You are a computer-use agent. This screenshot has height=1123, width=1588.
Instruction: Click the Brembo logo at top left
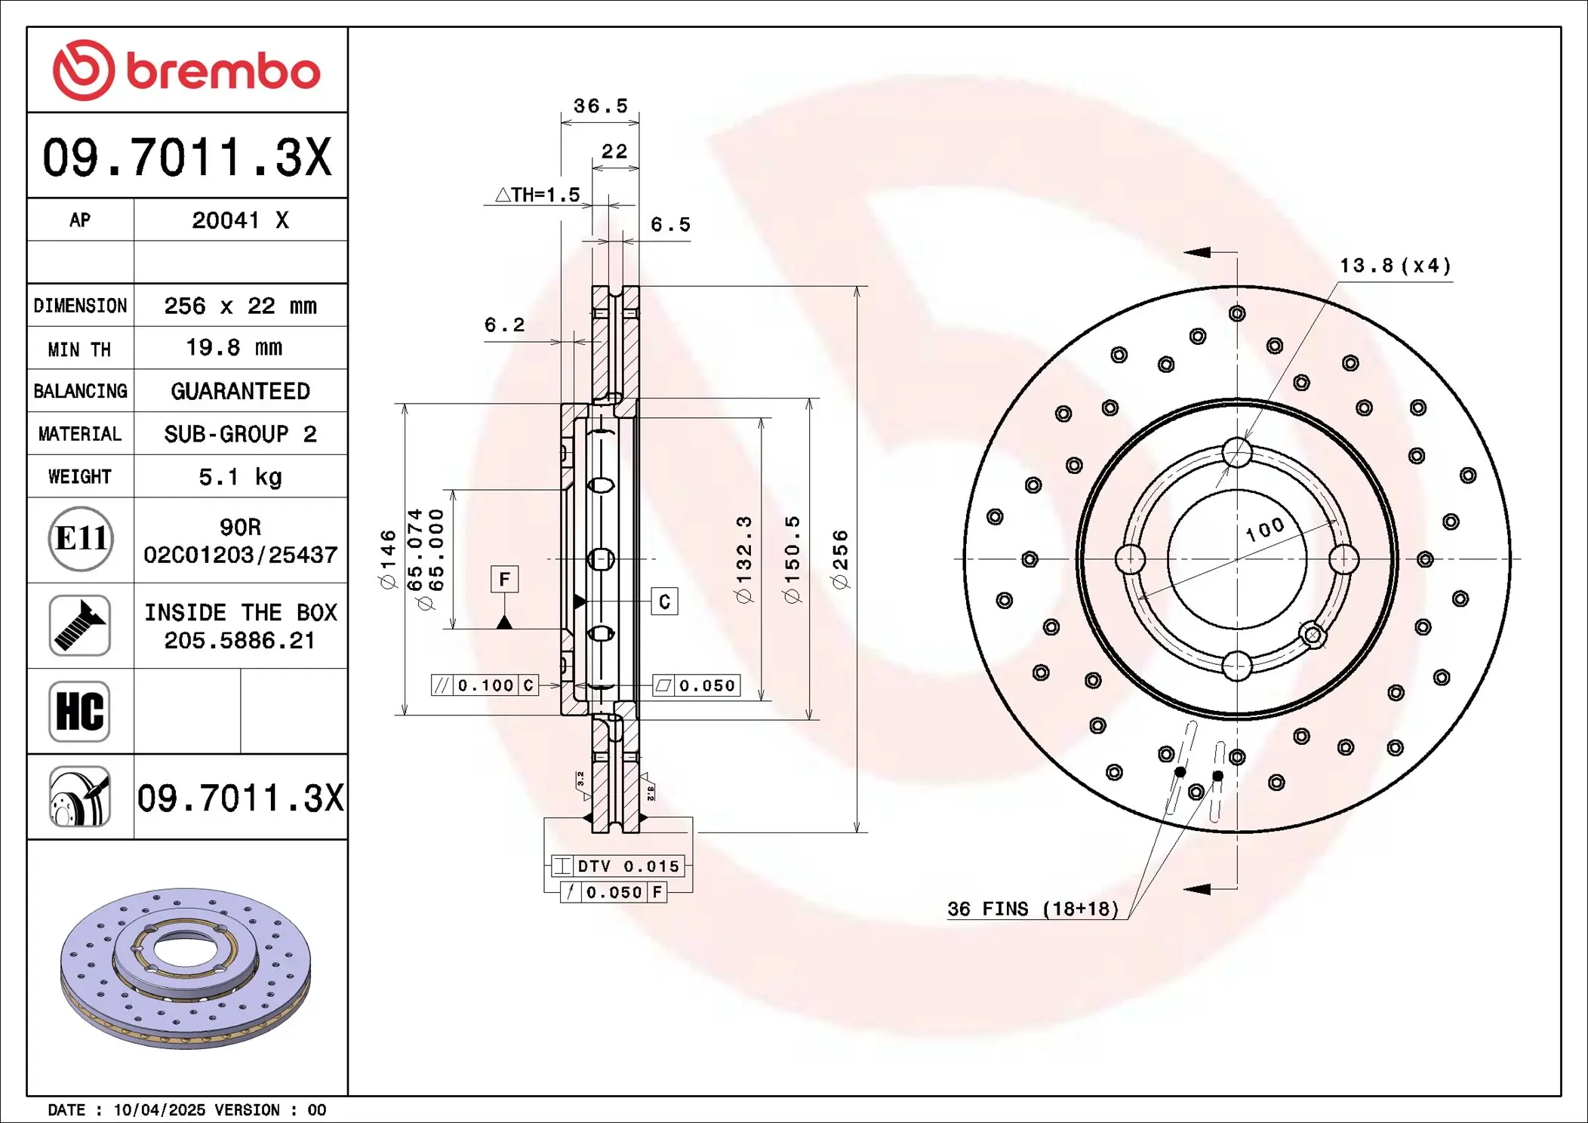tap(186, 70)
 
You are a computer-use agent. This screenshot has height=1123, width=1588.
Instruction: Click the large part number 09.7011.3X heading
tap(186, 157)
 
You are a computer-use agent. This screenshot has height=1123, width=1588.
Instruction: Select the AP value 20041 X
tap(240, 220)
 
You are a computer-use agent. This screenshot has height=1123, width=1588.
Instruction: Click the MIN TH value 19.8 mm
tap(234, 348)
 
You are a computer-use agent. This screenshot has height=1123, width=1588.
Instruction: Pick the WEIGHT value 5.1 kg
tap(240, 477)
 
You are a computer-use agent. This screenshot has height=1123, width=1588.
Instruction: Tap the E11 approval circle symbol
tap(81, 539)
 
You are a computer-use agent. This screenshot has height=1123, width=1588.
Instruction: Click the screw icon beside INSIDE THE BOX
tap(80, 626)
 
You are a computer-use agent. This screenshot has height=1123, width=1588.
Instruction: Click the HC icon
tap(80, 711)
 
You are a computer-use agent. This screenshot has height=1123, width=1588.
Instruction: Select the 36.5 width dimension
tap(600, 106)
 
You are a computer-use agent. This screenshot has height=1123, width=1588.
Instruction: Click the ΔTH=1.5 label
tap(537, 195)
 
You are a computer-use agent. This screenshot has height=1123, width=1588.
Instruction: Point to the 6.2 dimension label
tap(504, 325)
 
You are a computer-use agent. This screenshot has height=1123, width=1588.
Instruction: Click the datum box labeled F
tap(504, 580)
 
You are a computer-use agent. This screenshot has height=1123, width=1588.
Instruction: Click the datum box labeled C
tap(664, 601)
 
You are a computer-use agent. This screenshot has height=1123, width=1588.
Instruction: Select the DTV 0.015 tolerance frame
tap(618, 866)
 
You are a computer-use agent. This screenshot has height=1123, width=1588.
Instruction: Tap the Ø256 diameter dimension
tap(840, 559)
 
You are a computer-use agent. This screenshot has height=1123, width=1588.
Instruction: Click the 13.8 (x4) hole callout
tap(1395, 266)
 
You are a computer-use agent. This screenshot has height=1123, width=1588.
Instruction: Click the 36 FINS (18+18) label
tap(1033, 909)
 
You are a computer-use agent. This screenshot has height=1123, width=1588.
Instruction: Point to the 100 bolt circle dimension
tap(1265, 529)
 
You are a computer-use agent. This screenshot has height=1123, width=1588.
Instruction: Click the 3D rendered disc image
tap(186, 968)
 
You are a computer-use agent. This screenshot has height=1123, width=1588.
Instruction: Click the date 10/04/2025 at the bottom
tap(159, 1110)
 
